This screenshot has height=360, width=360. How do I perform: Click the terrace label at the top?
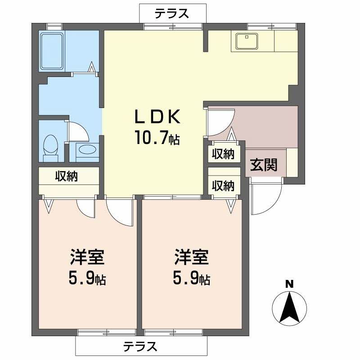coord(171,14)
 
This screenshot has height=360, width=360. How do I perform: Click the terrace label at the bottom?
coord(140,347)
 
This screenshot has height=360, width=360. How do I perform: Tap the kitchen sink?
coord(245,42)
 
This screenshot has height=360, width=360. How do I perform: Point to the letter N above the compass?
coord(289,284)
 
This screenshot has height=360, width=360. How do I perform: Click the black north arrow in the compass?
coord(289,308)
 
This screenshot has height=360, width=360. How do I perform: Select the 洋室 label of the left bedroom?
coord(87,257)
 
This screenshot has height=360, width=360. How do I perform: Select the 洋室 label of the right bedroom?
coord(192,257)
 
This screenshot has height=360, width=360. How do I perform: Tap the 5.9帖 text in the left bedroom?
coord(87,279)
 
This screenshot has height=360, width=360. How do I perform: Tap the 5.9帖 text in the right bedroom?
coord(192,279)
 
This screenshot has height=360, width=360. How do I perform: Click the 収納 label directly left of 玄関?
coord(223,154)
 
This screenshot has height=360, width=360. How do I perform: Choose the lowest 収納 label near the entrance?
coord(223,185)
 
